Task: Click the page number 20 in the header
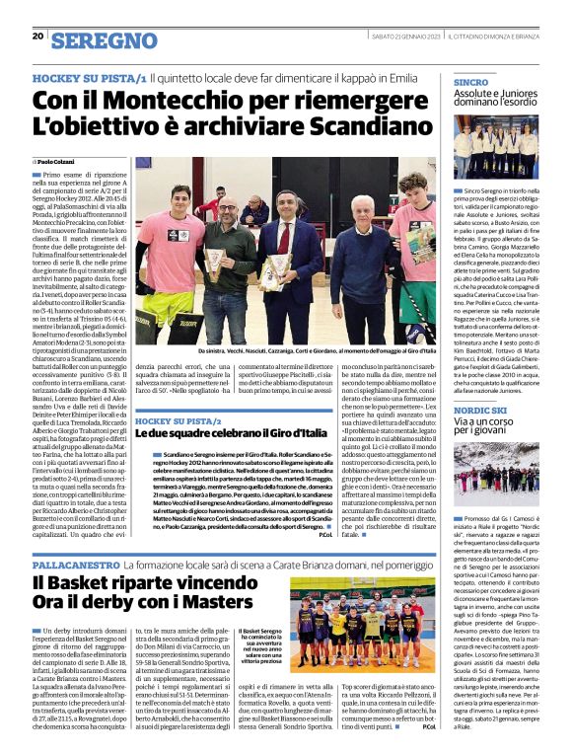(37, 37)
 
